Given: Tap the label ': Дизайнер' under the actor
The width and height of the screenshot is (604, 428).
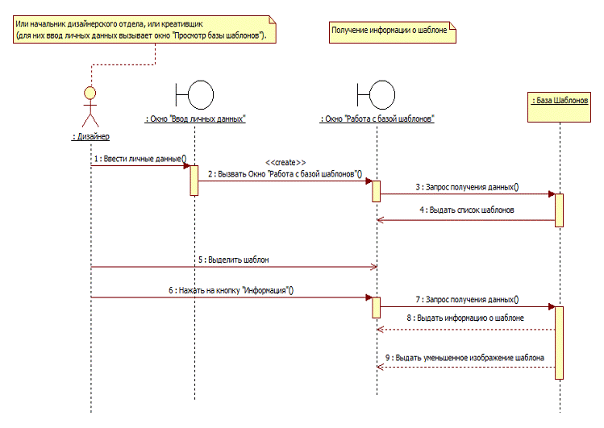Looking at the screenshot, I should click(x=90, y=136).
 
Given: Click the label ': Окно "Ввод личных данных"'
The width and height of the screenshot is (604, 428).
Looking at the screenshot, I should click(x=194, y=118).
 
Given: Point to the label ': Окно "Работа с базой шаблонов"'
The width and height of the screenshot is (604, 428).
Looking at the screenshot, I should click(x=377, y=118).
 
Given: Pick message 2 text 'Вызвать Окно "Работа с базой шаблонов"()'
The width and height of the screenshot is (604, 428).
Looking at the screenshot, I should click(x=285, y=173).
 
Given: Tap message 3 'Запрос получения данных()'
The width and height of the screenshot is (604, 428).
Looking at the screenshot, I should click(x=467, y=187).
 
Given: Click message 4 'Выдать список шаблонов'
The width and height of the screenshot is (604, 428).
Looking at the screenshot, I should click(x=467, y=210).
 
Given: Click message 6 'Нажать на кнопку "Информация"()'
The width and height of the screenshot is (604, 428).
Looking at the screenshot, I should click(x=231, y=290).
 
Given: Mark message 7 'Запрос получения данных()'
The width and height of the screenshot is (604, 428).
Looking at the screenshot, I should click(x=467, y=299).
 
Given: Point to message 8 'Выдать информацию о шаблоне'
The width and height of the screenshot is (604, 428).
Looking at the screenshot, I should click(x=467, y=318).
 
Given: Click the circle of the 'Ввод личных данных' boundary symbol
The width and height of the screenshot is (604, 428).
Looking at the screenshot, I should click(x=199, y=95).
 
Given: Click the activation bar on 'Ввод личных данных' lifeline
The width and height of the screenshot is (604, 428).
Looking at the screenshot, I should click(x=194, y=180).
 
